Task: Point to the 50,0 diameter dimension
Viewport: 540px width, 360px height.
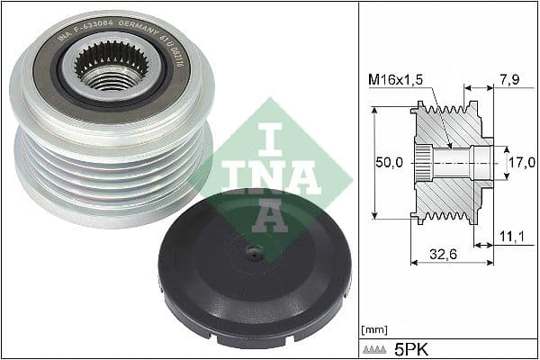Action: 389,163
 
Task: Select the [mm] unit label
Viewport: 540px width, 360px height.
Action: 373,329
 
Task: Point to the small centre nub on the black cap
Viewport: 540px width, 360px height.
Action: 255,255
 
